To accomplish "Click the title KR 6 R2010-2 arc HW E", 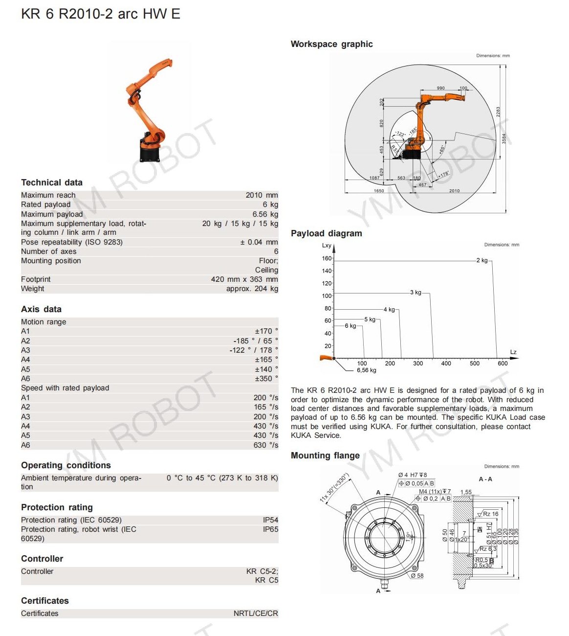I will [101, 14].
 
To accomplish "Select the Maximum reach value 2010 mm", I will [262, 195].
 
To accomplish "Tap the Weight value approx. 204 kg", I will [252, 289].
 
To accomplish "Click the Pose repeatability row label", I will [72, 242].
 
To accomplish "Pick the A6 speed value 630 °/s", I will [265, 445].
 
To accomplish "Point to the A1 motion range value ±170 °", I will [266, 331].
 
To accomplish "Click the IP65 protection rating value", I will [270, 529].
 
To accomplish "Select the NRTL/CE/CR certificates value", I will [256, 613].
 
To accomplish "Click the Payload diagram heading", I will [326, 233].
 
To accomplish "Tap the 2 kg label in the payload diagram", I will [482, 260].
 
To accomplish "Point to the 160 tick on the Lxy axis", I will [327, 258].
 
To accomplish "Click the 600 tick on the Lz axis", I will [503, 363].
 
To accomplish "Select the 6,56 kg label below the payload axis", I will [366, 370].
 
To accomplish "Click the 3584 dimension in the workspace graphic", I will [504, 138].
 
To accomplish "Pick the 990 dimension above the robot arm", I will [440, 88].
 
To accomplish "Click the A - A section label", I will [485, 479].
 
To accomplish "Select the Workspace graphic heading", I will [331, 44].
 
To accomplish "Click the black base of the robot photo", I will [150, 153].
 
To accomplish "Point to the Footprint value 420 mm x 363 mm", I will [244, 279].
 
